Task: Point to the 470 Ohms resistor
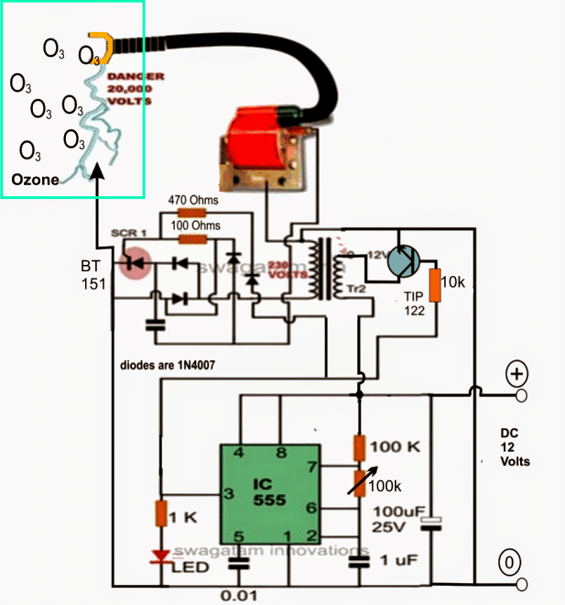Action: (x=191, y=213)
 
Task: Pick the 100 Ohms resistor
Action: (x=191, y=239)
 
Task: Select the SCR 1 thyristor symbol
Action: (x=138, y=262)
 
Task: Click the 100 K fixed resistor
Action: (x=359, y=446)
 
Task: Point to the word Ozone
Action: (x=35, y=181)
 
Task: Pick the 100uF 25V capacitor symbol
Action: (x=430, y=523)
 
